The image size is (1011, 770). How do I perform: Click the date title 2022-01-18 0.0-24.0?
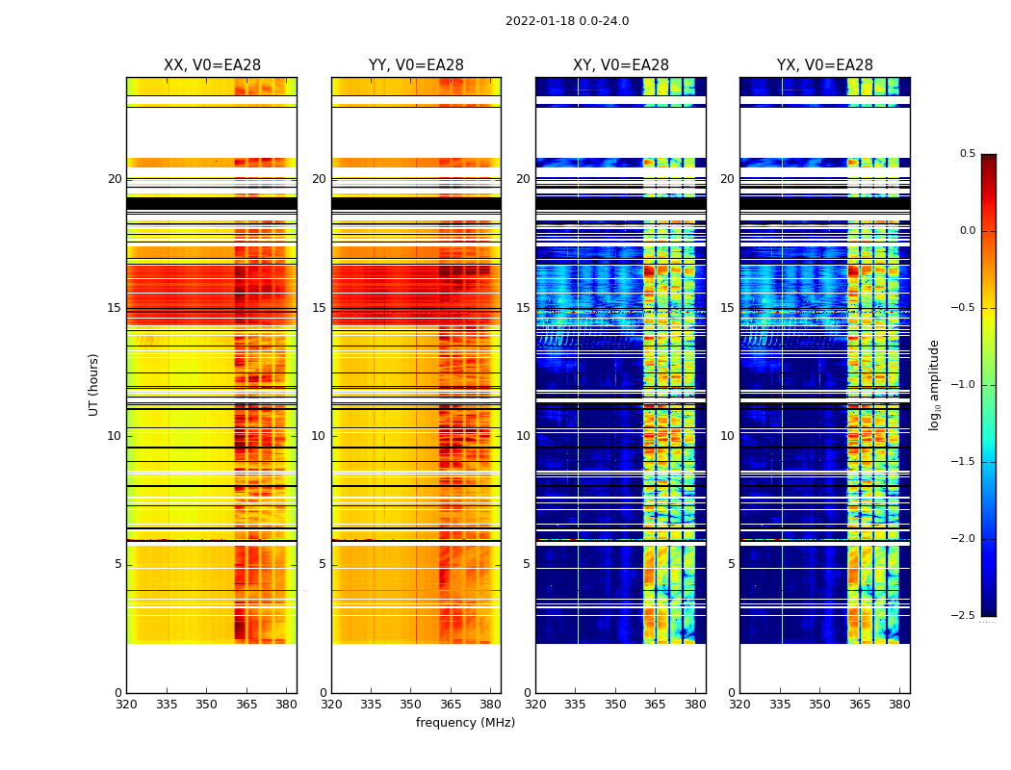tap(567, 21)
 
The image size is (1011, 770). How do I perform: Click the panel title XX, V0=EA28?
tap(212, 65)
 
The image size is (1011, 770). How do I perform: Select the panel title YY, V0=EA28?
tap(416, 65)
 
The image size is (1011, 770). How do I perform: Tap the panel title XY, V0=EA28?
tap(621, 65)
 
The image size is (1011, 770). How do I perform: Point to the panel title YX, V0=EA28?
tap(825, 65)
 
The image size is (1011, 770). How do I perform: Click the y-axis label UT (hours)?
tap(94, 384)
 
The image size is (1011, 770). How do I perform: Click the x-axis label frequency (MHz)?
tap(465, 723)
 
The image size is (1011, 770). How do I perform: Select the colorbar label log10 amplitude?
tap(934, 384)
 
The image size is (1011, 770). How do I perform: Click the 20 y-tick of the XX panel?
tap(115, 179)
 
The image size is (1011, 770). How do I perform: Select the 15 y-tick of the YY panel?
tap(319, 308)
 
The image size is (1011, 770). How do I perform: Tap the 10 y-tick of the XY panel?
tap(523, 436)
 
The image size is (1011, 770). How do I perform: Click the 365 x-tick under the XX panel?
tap(246, 705)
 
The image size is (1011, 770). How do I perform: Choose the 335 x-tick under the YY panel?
tap(372, 705)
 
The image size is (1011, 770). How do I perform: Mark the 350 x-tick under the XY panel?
tap(616, 705)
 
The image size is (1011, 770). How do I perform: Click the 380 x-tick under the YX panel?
tap(899, 705)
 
